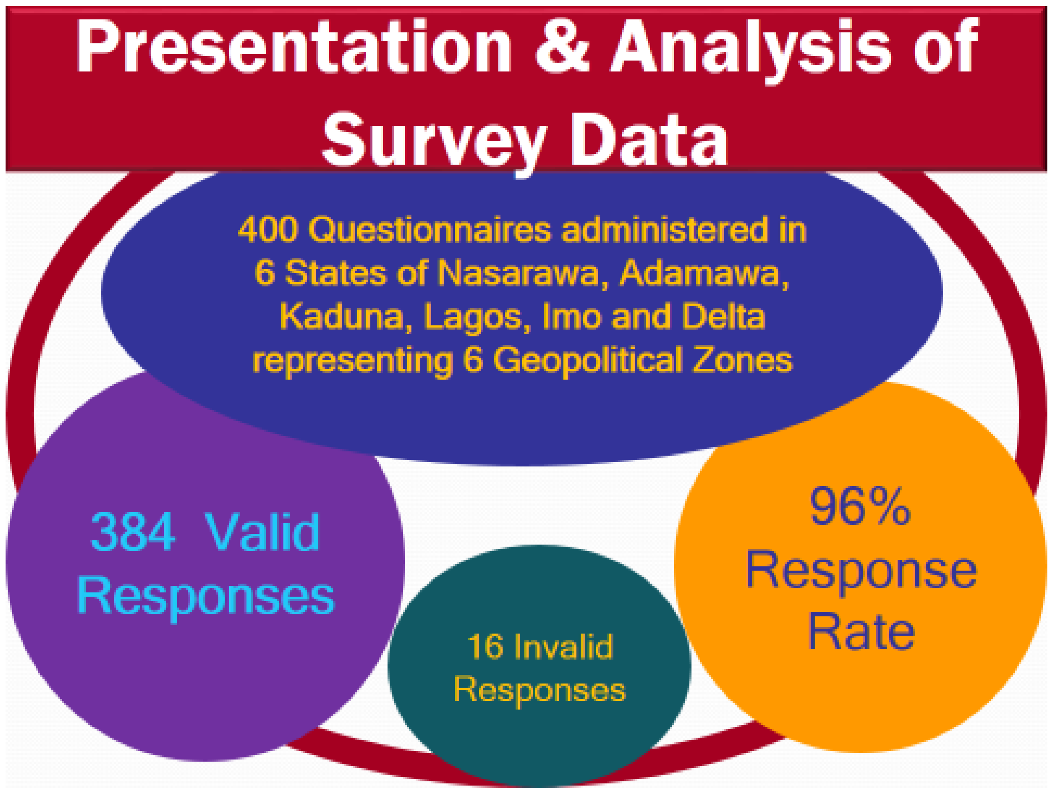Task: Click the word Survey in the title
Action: [x=434, y=141]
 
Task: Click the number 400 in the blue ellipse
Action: [x=267, y=230]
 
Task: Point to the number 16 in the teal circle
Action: [x=485, y=646]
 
